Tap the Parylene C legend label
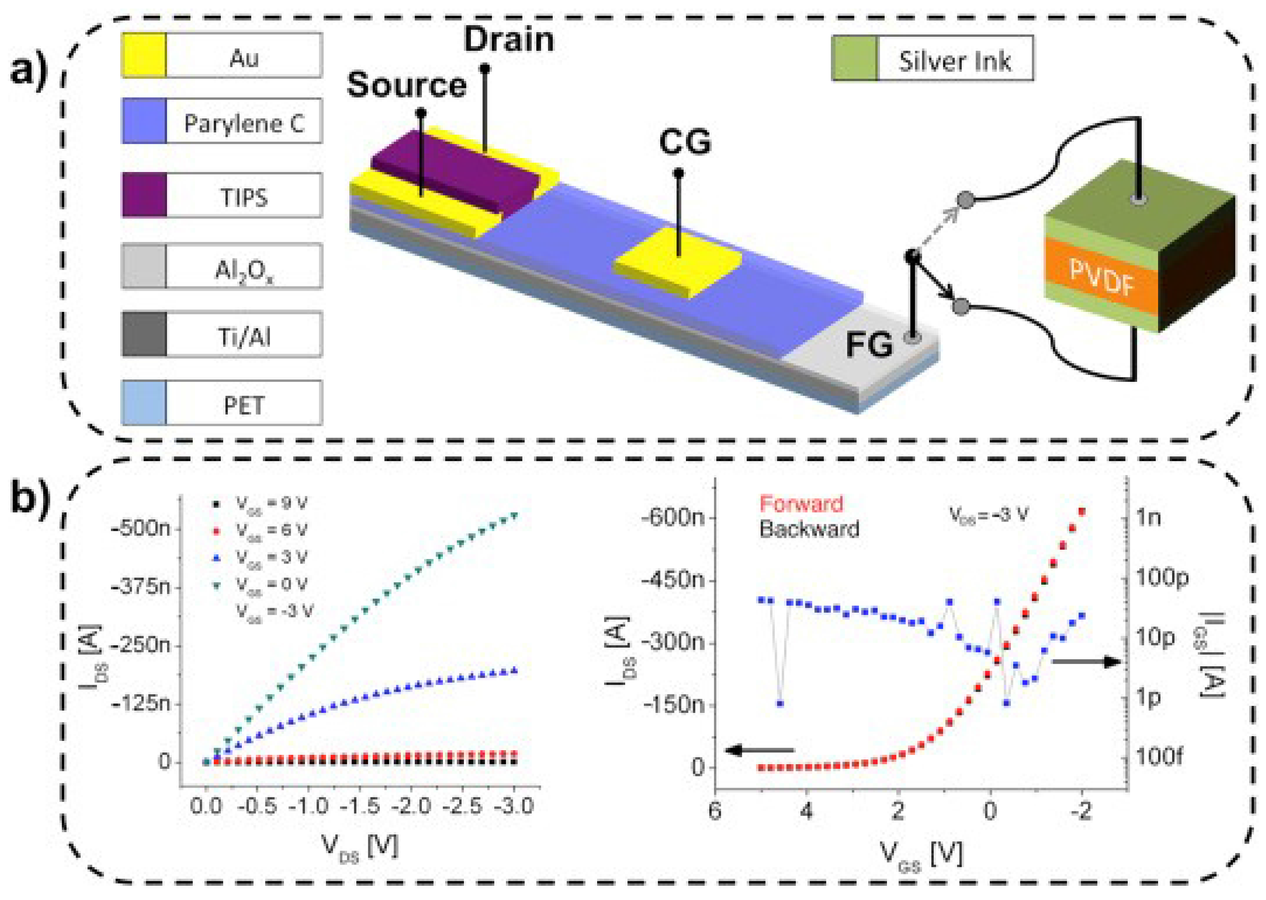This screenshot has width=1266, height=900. [244, 123]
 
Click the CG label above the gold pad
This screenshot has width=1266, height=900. [685, 142]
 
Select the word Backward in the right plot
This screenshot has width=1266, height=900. [809, 529]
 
